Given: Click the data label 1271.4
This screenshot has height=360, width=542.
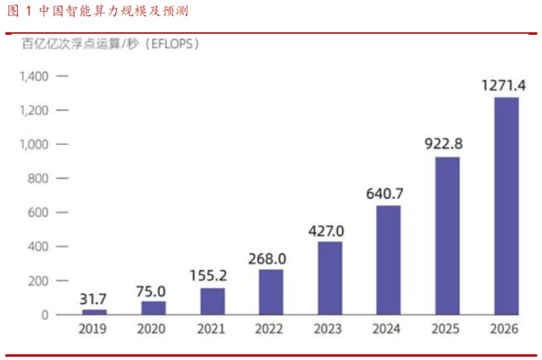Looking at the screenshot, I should pyautogui.click(x=505, y=85).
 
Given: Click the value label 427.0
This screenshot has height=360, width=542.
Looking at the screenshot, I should pyautogui.click(x=330, y=230).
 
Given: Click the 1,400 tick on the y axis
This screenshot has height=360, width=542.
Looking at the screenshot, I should pyautogui.click(x=37, y=76).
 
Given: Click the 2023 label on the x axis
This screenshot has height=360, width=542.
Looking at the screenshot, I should pyautogui.click(x=330, y=330).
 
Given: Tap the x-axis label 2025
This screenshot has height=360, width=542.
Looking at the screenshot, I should pyautogui.click(x=447, y=330).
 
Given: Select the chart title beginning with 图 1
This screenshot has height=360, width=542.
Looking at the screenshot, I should pyautogui.click(x=97, y=12).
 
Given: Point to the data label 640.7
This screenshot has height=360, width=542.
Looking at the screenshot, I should pyautogui.click(x=389, y=194).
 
